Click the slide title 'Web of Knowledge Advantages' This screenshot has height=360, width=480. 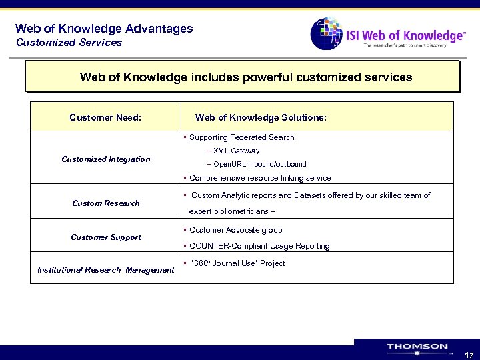pyautogui.click(x=103, y=29)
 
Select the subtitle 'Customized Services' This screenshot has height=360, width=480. pyautogui.click(x=69, y=43)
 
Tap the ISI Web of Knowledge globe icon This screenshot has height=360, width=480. pyautogui.click(x=327, y=33)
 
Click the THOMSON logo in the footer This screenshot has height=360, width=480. pyautogui.click(x=417, y=347)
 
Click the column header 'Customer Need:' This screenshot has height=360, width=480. pyautogui.click(x=105, y=117)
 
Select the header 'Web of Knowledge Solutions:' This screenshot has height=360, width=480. pyautogui.click(x=261, y=117)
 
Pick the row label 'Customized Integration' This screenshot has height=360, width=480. pyautogui.click(x=106, y=159)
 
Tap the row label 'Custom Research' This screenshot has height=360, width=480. pyautogui.click(x=106, y=203)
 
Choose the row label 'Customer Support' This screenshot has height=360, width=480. pyautogui.click(x=106, y=237)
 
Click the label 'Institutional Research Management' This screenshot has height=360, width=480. pyautogui.click(x=106, y=270)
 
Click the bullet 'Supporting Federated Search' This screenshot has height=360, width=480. pyautogui.click(x=241, y=137)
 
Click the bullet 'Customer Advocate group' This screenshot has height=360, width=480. pyautogui.click(x=235, y=230)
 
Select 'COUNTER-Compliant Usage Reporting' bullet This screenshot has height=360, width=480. pyautogui.click(x=259, y=246)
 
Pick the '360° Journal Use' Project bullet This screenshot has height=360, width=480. pyautogui.click(x=237, y=263)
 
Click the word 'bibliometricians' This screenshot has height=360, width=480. pyautogui.click(x=242, y=211)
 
